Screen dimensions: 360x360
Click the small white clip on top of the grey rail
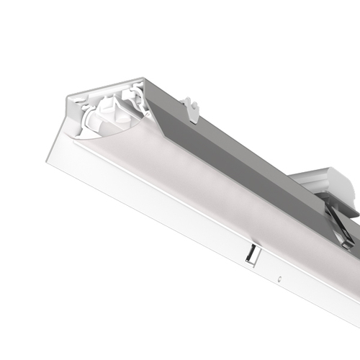191,109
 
